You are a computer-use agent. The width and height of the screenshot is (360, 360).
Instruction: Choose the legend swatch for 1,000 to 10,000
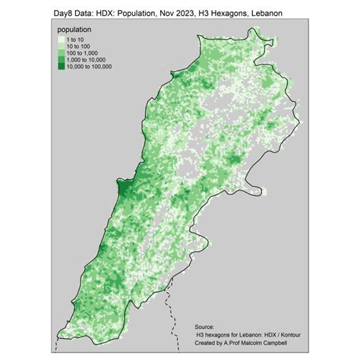[x=62, y=60]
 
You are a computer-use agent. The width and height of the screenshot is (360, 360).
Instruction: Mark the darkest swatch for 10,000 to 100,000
[x=62, y=66]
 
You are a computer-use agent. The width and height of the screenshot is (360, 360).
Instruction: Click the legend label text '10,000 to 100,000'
[x=90, y=66]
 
